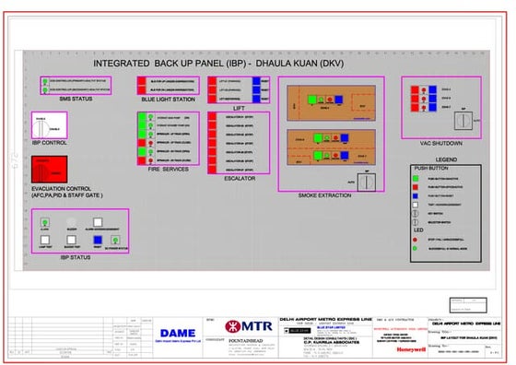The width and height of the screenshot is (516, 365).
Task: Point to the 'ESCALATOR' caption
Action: point(240,178)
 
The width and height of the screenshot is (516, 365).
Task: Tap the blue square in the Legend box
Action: point(420,197)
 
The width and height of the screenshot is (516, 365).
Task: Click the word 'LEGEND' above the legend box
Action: point(445,159)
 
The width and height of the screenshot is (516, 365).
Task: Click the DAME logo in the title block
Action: point(177,333)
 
